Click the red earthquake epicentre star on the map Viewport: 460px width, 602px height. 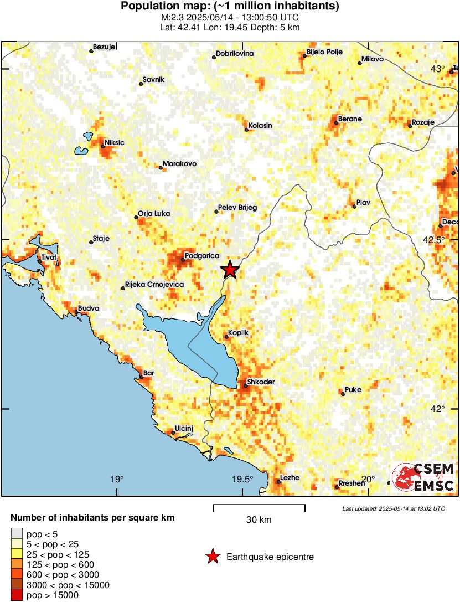coord(230,270)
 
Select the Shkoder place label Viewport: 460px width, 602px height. coord(261,382)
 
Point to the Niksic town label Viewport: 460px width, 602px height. coord(115,143)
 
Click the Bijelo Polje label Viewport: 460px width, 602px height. coord(324,52)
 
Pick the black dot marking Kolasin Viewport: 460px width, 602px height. coord(247,130)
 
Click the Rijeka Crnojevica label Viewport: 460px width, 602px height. coord(154,285)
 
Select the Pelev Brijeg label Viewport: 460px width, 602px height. coord(238,208)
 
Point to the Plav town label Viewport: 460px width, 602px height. coord(363,203)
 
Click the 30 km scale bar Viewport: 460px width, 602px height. coord(259,506)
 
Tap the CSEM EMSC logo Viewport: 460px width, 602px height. coord(423,478)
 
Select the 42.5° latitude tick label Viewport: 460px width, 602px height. coord(434,240)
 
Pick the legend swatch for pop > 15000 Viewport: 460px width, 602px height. coord(17,595)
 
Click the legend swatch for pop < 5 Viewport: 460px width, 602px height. coord(17,534)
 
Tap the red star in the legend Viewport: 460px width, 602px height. coord(212,557)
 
